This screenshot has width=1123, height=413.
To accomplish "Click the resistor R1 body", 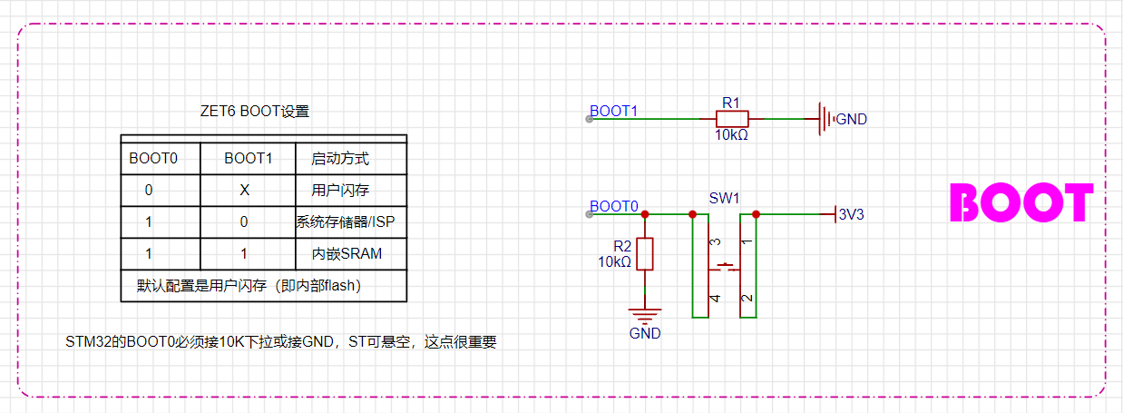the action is pos(732,119).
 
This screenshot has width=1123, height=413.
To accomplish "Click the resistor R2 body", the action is pos(645,254).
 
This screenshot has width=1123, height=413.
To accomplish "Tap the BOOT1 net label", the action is pos(613,111).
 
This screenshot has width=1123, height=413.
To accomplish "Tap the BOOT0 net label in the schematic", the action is pos(613,206).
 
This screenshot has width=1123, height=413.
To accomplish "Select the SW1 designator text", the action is pos(724,198).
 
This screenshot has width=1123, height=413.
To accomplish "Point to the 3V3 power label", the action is pos(851,214).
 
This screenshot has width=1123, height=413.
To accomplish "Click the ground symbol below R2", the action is pos(645,316).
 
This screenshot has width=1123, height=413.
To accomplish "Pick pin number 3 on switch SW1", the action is pos(716,241).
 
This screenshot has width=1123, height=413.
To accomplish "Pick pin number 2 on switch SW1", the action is pos(747,298).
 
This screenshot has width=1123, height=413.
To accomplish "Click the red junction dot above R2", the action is pos(645,214).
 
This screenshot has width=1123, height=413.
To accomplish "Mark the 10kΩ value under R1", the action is pos(731,135).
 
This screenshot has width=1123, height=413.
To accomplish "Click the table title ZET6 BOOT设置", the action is pos(255,111).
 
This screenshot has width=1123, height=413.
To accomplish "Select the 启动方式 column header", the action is pos(340,159).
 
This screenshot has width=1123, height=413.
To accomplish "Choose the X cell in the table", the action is pos(244,191).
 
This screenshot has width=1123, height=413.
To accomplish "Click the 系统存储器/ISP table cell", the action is pos(346,221).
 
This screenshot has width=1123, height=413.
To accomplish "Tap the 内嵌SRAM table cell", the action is pos(347,253).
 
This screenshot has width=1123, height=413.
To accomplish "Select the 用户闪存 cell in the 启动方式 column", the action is pos(340,191).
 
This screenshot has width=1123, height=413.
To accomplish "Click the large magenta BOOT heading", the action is pos(1021,202).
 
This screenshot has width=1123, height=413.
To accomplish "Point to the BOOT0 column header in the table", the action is pos(153,159).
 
